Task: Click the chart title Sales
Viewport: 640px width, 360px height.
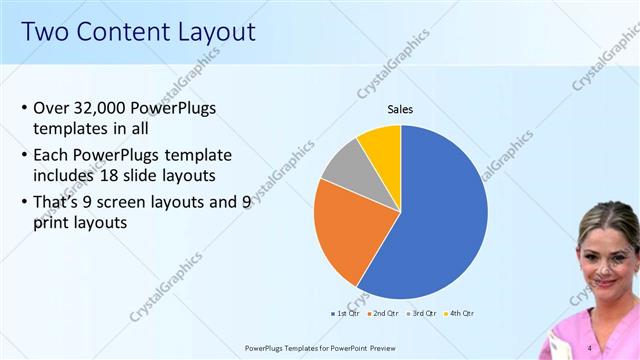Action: [x=400, y=110]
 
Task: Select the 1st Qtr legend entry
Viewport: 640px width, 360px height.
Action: [x=346, y=313]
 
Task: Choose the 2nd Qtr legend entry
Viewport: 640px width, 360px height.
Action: [x=385, y=313]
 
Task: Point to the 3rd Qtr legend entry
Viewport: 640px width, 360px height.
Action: [x=423, y=313]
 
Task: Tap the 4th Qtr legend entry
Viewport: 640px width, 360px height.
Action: [x=461, y=313]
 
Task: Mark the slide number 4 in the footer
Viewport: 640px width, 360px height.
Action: [x=590, y=347]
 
